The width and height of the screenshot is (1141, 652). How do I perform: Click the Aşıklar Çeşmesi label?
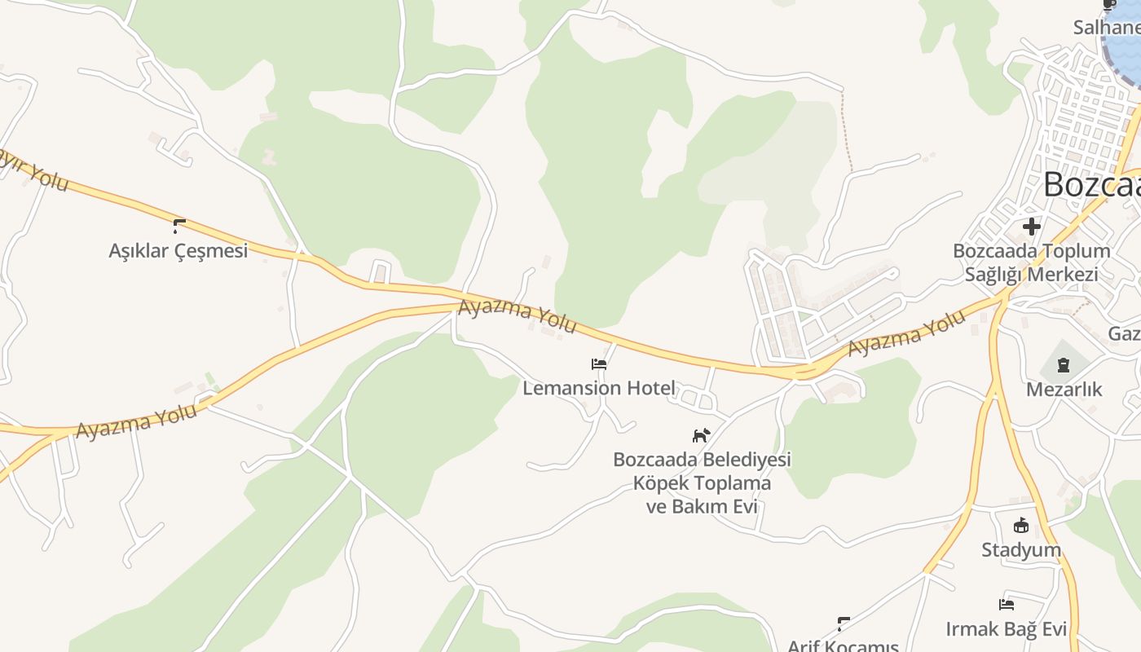pos(178,250)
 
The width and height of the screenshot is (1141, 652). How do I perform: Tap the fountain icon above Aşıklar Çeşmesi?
pos(179,226)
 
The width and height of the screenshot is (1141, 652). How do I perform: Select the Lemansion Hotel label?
pos(599,388)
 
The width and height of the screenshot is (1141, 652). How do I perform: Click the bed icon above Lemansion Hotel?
pos(599,364)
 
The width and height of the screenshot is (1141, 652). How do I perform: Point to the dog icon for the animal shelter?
pos(701,435)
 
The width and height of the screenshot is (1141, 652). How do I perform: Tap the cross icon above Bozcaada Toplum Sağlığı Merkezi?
pos(1032,226)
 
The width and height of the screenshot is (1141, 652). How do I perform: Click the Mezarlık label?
pos(1064,390)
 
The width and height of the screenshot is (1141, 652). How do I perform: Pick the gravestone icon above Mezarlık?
pos(1064,365)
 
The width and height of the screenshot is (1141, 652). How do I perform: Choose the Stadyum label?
pos(1021,550)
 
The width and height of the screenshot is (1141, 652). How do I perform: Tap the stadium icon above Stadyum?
pos(1021,526)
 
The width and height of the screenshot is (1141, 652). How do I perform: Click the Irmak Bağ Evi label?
pos(1006,629)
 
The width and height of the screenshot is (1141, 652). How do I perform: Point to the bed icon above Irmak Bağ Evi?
pos(1007,605)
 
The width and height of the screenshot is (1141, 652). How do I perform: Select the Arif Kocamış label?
pos(843,645)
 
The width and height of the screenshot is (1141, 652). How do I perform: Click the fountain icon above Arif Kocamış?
pos(844,624)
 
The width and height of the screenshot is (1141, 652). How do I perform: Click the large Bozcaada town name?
pos(1092,185)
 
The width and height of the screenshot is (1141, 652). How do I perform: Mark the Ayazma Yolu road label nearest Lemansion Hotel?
pos(518,317)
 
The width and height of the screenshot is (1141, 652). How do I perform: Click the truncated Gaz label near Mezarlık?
pos(1125,334)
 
